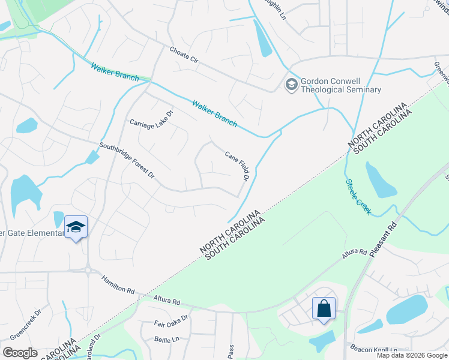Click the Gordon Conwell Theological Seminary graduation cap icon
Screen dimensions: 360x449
[x=292, y=85]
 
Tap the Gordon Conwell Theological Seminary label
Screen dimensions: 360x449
[x=340, y=85]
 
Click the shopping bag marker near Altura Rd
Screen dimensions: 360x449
[x=324, y=309]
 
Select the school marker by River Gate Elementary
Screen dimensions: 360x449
[x=76, y=227]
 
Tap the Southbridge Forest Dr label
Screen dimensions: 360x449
[x=127, y=161]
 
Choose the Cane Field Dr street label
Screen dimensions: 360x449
[x=237, y=165]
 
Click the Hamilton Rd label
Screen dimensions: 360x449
[x=118, y=284]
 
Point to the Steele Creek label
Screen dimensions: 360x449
[x=358, y=197]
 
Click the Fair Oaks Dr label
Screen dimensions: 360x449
[x=171, y=321]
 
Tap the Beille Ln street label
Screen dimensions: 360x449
[x=167, y=340]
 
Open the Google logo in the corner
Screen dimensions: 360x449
[x=20, y=353]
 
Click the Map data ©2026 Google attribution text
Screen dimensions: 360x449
[x=412, y=355]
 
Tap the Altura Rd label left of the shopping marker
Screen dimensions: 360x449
[x=167, y=299]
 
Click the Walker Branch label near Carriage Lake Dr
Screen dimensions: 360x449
[x=214, y=113]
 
